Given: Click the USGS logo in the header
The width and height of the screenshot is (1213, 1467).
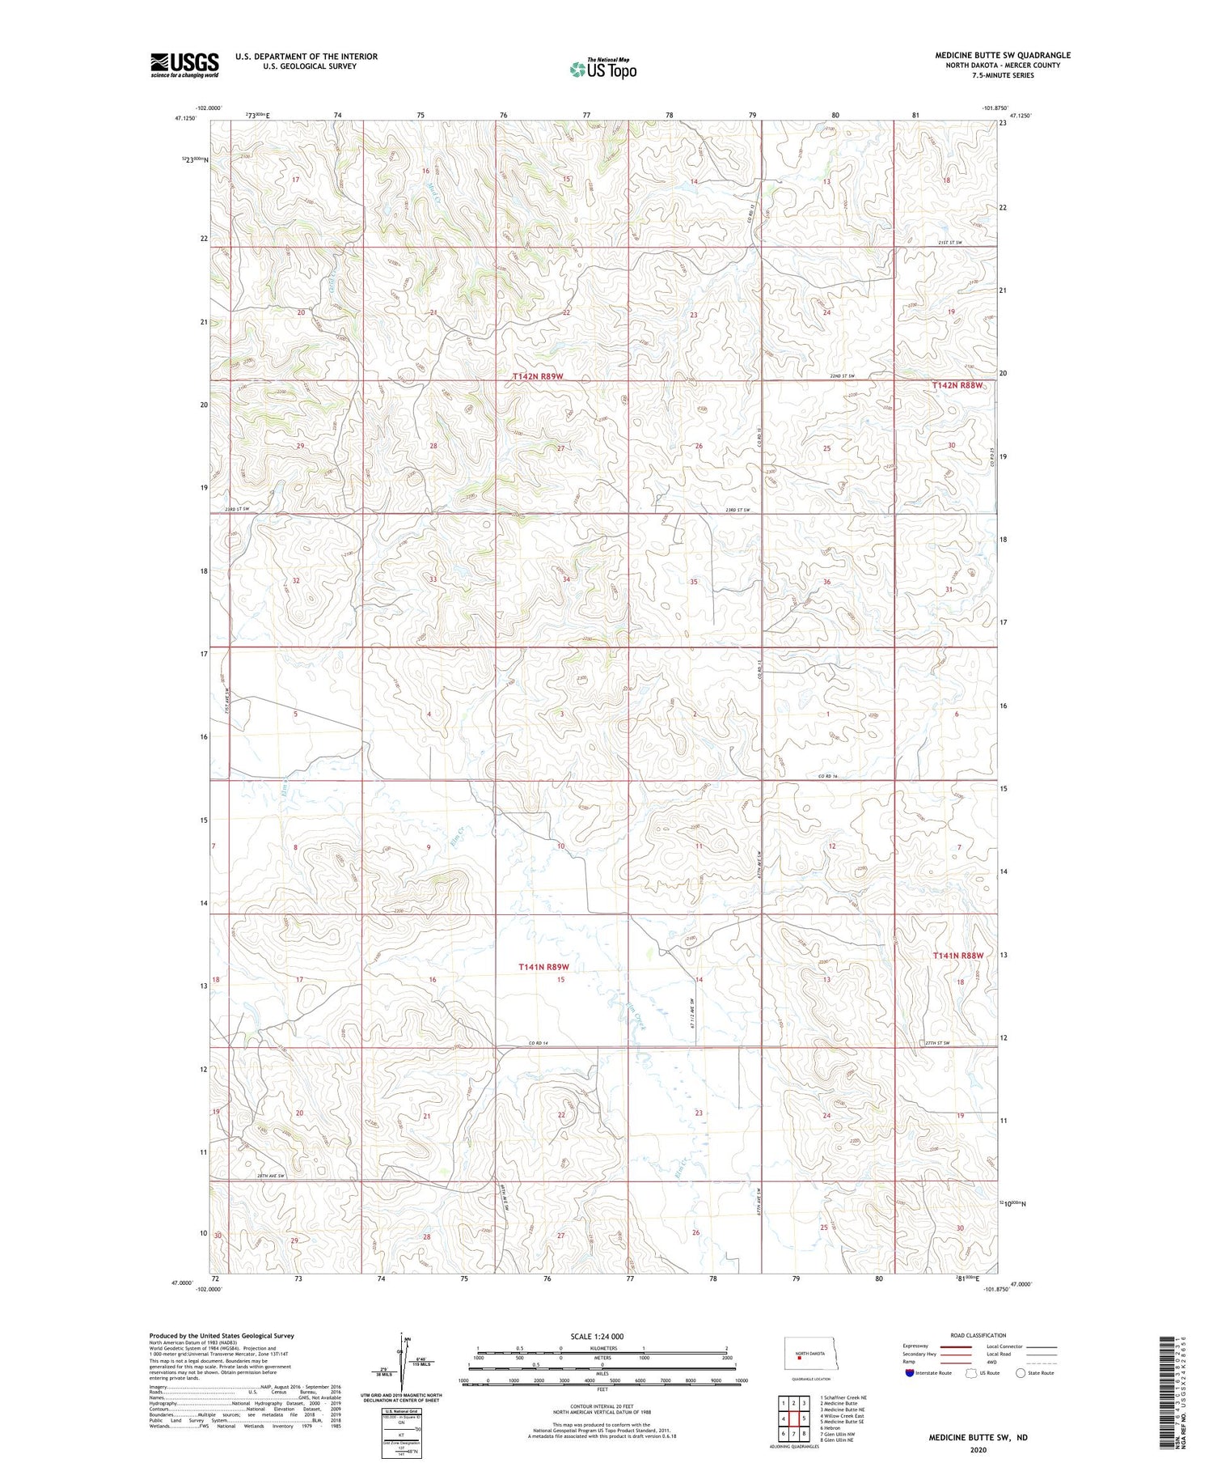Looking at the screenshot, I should point(184,65).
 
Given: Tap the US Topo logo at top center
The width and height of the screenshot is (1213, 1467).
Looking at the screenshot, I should point(602,69).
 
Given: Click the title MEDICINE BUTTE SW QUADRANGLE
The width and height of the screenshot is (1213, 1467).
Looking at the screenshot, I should point(1003,55).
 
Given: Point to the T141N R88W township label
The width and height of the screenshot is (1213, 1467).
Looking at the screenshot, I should point(958,956).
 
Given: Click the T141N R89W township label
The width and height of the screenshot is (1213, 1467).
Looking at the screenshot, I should point(543,967).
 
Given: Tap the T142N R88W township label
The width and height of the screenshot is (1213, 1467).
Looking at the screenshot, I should point(957,386).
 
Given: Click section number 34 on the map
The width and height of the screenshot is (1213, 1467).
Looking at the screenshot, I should point(567,579).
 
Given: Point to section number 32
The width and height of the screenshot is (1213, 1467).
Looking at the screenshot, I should point(296,581).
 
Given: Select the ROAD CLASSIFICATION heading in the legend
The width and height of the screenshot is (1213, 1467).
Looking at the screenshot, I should point(978,1335).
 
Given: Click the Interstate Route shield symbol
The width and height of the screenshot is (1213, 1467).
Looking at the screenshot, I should point(910,1373).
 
